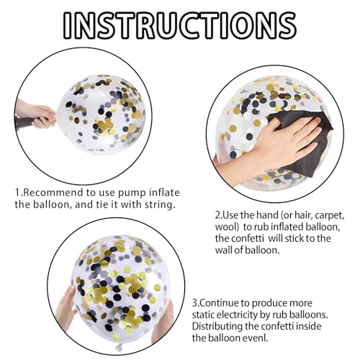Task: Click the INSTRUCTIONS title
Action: point(180,25)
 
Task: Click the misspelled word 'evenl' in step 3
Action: point(256,338)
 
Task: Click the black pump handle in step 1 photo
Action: point(24,123)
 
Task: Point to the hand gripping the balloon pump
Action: point(38,114)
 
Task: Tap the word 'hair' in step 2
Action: point(305,215)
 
